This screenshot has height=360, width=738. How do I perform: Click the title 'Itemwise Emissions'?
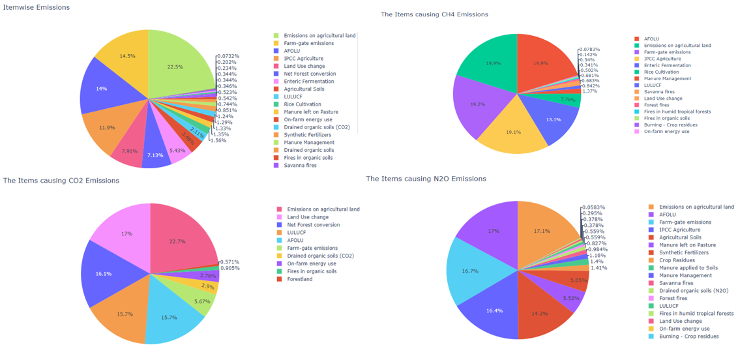point(37,7)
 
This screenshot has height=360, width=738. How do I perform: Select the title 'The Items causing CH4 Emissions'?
point(434,14)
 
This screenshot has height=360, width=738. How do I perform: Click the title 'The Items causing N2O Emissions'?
point(426,179)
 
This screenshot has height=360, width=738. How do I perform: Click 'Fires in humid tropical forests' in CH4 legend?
point(677,112)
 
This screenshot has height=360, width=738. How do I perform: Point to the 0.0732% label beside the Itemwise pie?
point(228,56)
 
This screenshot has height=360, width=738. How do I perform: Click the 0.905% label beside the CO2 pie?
point(229,268)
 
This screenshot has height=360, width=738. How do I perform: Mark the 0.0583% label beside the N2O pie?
point(593,207)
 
